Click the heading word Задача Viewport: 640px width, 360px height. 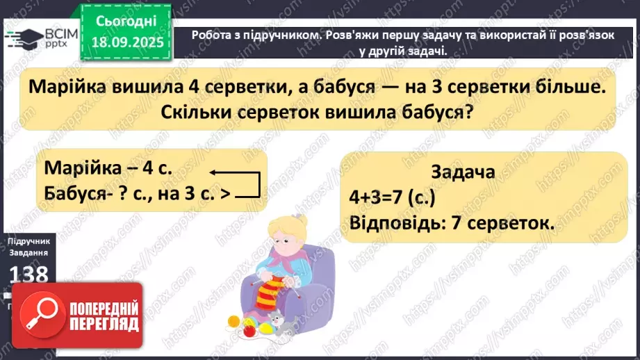[463, 172]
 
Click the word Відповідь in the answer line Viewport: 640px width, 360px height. [393, 224]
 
